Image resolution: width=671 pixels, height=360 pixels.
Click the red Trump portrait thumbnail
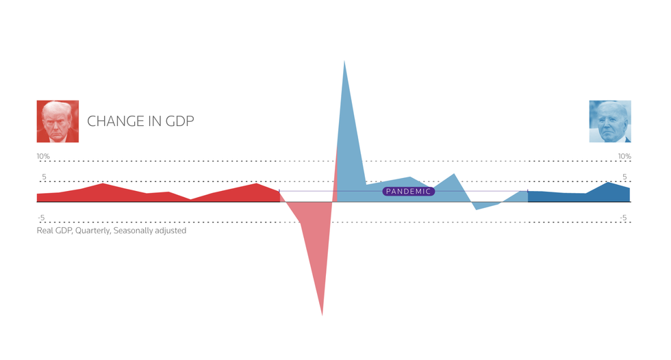(58, 121)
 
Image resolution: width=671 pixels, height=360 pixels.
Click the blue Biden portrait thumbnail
(610, 121)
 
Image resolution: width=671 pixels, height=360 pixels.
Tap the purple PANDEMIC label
(408, 192)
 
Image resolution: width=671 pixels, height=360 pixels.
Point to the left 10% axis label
(43, 157)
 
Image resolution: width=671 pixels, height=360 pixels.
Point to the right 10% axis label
(624, 157)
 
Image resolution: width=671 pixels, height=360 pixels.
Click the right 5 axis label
(624, 177)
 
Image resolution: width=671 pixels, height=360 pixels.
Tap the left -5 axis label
(41, 218)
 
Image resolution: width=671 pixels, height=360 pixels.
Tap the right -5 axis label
(623, 218)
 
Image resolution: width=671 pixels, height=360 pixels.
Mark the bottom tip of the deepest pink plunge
(322, 314)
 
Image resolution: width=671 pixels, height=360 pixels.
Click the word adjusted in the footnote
(173, 231)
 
